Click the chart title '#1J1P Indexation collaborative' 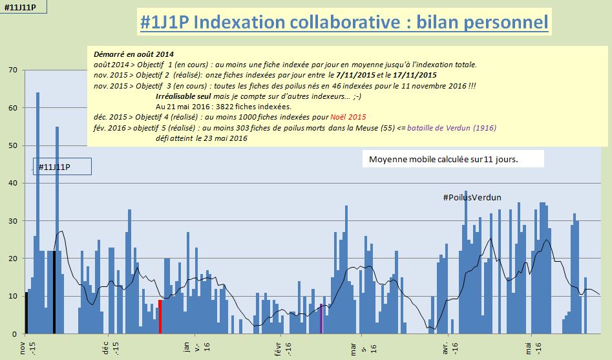[344, 23]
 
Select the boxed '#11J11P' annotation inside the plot [62, 167]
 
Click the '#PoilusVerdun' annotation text [472, 197]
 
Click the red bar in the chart [160, 317]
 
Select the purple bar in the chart [321, 319]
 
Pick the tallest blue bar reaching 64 [37, 213]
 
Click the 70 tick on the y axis [12, 70]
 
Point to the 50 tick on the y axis [12, 145]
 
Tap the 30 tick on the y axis [12, 221]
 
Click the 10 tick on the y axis [12, 296]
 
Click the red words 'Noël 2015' [348, 117]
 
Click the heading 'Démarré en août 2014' [134, 54]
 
